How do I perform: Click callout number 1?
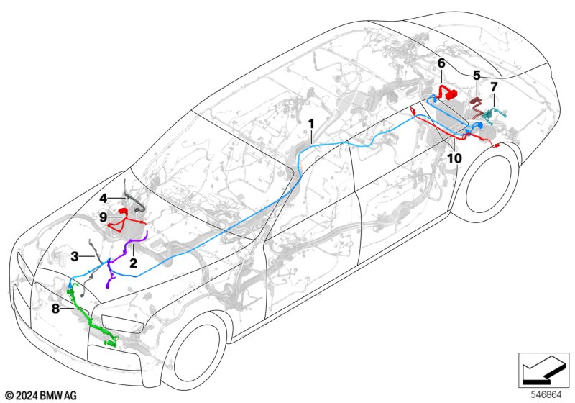click(311, 124)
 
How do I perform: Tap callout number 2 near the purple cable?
click(133, 263)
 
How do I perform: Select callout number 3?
click(75, 257)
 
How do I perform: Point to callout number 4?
click(103, 199)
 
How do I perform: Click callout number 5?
click(477, 76)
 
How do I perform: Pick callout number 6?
click(441, 63)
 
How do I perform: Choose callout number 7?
click(494, 87)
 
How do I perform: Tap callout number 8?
click(55, 309)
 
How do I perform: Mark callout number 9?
click(103, 217)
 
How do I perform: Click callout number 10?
click(454, 158)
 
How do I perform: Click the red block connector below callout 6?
click(450, 94)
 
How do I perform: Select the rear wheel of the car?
click(489, 184)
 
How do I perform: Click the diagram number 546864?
click(546, 394)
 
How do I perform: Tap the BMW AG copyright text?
click(42, 395)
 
